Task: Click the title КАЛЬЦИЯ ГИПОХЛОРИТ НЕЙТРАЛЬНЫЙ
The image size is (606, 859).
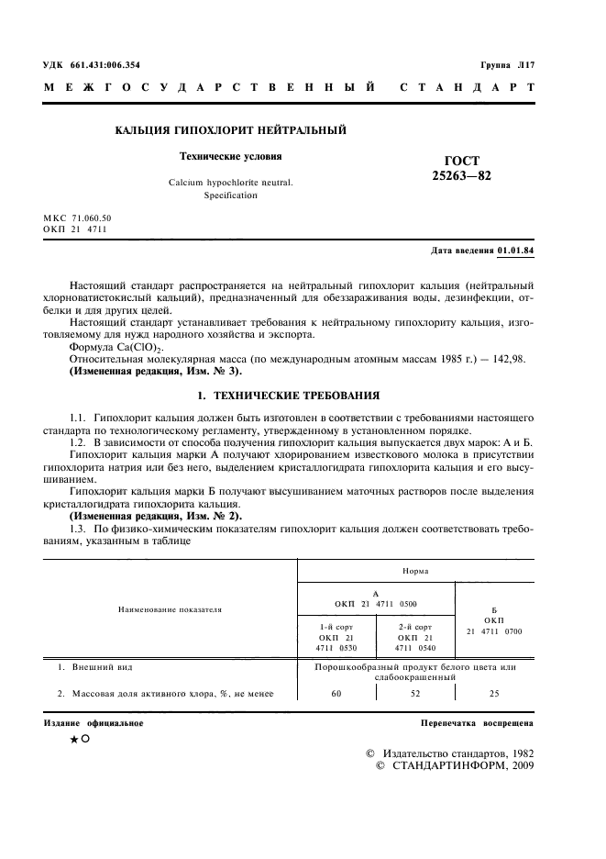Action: click(x=230, y=132)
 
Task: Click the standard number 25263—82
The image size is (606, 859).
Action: click(x=461, y=175)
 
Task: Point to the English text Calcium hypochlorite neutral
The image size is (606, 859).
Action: click(x=230, y=183)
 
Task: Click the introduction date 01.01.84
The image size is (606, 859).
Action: click(x=519, y=250)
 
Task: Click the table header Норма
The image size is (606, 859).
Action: click(x=417, y=570)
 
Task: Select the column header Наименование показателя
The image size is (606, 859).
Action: click(x=170, y=608)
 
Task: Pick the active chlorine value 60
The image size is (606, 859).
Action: click(x=336, y=695)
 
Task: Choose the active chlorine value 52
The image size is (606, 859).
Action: click(x=415, y=695)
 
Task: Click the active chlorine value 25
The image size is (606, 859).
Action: click(x=495, y=695)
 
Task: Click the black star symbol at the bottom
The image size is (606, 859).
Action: click(x=72, y=741)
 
